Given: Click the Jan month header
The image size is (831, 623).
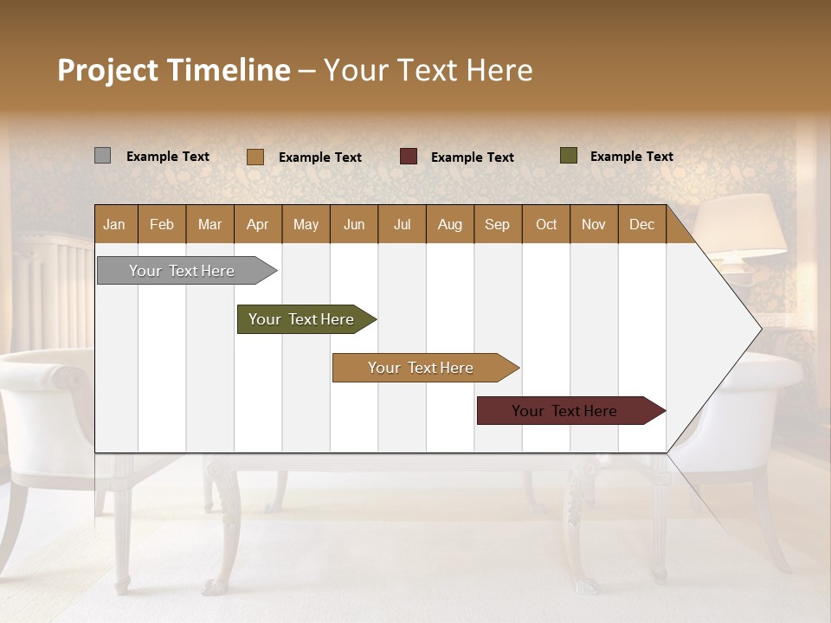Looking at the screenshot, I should pyautogui.click(x=115, y=224).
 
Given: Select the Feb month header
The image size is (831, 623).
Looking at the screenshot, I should pyautogui.click(x=162, y=224).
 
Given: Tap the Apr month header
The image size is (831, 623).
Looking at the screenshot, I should pyautogui.click(x=257, y=224).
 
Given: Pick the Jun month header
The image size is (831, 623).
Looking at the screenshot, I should pyautogui.click(x=354, y=224).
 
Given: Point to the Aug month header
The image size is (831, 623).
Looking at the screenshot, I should pyautogui.click(x=449, y=224).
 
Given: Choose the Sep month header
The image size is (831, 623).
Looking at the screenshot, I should pyautogui.click(x=497, y=224).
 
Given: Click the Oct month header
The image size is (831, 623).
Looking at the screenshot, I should pyautogui.click(x=546, y=224).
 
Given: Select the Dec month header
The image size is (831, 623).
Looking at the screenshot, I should pyautogui.click(x=641, y=224).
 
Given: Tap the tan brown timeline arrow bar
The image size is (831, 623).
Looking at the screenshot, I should pyautogui.click(x=422, y=368).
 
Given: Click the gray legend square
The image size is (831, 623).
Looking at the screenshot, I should pyautogui.click(x=102, y=156).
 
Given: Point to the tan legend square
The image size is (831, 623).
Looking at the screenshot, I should pyautogui.click(x=255, y=157).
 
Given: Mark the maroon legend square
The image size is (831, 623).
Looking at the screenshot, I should pyautogui.click(x=409, y=157).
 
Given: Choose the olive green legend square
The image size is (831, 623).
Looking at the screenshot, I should pyautogui.click(x=569, y=156).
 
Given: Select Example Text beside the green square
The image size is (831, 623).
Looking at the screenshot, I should pyautogui.click(x=631, y=157).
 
